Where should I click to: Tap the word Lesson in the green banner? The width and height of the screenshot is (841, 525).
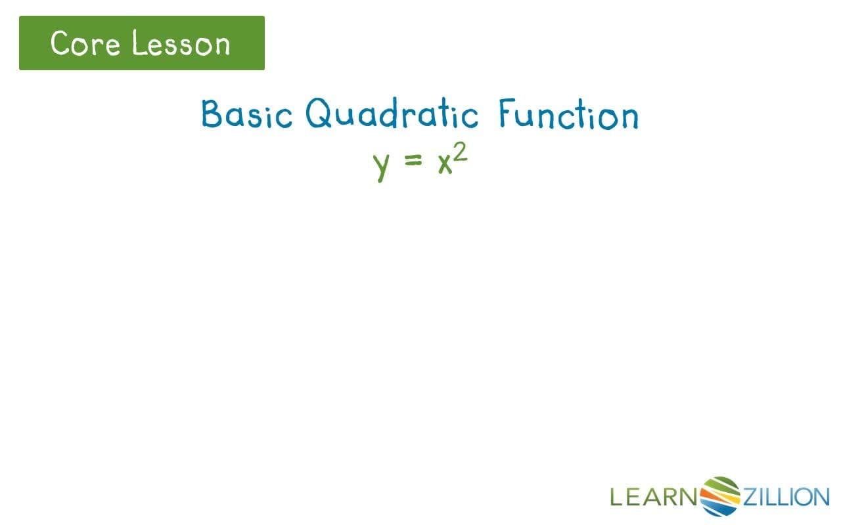coord(181,44)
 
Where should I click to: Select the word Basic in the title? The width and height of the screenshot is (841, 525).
coord(246,114)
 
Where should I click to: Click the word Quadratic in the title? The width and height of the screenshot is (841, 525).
coord(392,114)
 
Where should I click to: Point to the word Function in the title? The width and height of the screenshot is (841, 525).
coord(568,114)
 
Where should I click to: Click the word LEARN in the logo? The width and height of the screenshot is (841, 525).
coord(653,497)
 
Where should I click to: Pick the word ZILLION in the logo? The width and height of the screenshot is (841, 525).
coord(786,497)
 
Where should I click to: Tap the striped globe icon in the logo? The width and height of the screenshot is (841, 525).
coord(721,496)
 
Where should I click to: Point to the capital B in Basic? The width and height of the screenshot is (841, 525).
coord(212,114)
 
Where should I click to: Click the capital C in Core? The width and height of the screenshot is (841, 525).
coord(60,43)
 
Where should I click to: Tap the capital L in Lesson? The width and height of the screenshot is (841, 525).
coord(137,43)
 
